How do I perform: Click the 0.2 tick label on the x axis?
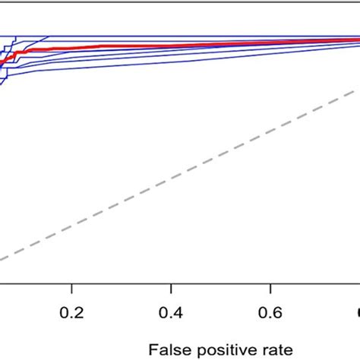71,314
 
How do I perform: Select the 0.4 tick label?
172,314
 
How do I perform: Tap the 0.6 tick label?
271,314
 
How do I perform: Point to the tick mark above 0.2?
71,290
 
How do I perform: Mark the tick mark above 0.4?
172,290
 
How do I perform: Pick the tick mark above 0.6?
271,290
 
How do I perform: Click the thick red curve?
152,46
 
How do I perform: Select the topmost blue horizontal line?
190,35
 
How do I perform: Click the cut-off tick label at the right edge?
357,314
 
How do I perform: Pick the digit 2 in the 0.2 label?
78,314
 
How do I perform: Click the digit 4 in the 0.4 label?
178,314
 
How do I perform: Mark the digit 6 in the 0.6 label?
278,314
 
